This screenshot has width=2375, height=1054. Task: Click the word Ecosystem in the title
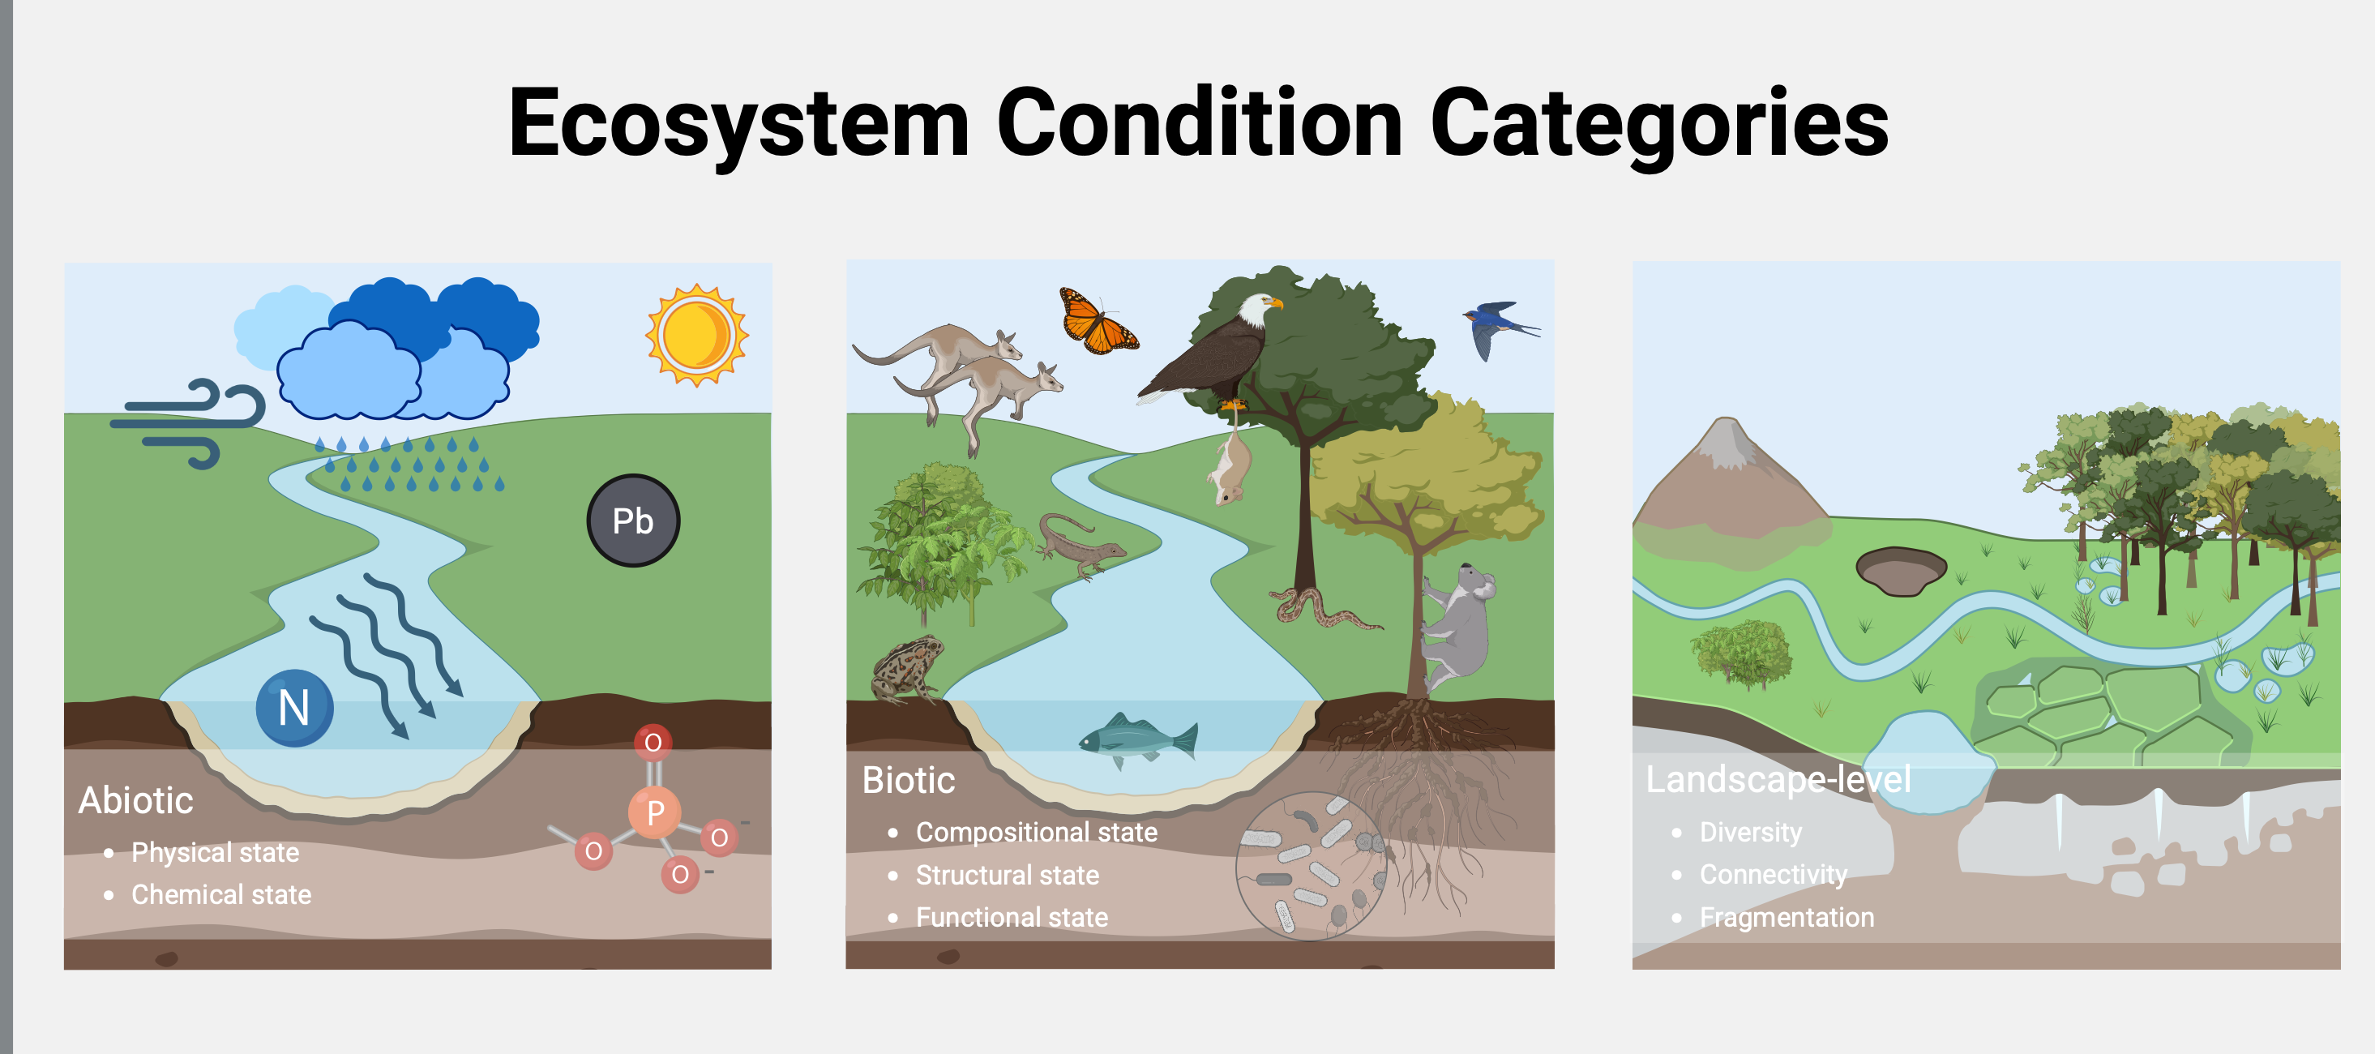click(x=738, y=122)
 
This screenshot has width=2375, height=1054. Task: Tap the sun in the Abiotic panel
click(x=696, y=335)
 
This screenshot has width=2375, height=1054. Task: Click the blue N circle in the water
click(x=294, y=707)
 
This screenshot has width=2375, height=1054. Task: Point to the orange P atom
click(x=655, y=812)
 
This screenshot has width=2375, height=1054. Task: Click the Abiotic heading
click(x=135, y=800)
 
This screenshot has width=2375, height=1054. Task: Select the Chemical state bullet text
click(x=221, y=894)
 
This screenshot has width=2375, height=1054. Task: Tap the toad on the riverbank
click(x=908, y=669)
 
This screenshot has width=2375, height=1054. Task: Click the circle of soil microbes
click(x=1311, y=866)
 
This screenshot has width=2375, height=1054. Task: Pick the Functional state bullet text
click(x=1012, y=918)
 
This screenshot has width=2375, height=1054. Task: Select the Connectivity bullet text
click(x=1773, y=874)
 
